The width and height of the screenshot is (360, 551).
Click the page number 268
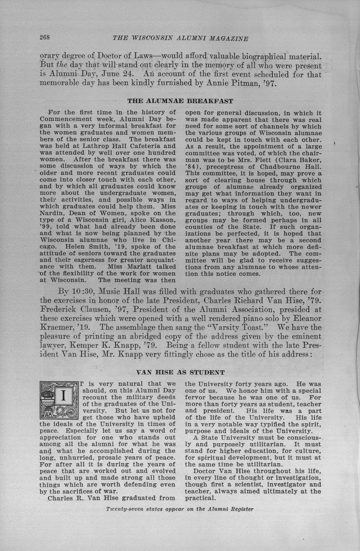point(44,38)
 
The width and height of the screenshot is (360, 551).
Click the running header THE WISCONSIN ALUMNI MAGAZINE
point(181,38)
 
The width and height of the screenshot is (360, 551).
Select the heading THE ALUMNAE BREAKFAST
point(180,101)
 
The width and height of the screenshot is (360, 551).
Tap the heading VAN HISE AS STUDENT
point(180,373)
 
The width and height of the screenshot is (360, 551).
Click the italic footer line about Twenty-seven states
point(180,509)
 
